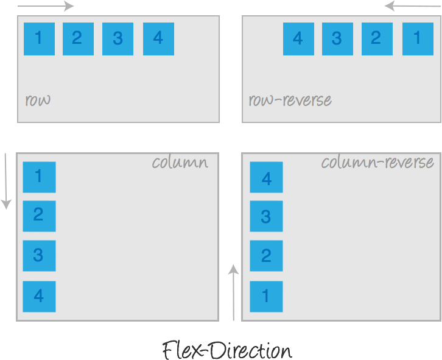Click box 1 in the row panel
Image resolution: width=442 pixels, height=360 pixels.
[x=39, y=39]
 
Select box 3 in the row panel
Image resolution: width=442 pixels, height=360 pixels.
[x=118, y=39]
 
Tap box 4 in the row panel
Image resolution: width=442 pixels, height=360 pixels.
[x=158, y=39]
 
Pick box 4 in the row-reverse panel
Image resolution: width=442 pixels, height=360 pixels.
[x=298, y=39]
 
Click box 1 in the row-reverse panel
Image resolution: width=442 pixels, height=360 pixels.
[x=418, y=39]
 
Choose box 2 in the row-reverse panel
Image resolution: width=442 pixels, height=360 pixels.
[x=376, y=39]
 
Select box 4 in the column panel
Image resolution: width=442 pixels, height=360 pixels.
[x=39, y=297]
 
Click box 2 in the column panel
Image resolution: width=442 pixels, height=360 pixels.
[x=39, y=216]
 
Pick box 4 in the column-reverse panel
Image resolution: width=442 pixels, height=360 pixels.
[x=266, y=178]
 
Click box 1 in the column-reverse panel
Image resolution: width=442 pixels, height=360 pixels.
[x=266, y=297]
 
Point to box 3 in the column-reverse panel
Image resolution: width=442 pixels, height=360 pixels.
[x=266, y=216]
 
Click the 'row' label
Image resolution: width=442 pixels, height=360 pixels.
[x=38, y=100]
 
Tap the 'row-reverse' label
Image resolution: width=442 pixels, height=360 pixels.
[x=290, y=100]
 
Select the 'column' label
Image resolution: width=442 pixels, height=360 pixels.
[x=180, y=163]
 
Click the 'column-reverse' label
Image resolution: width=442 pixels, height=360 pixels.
[x=377, y=163]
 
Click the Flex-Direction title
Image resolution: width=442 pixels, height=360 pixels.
[x=227, y=351]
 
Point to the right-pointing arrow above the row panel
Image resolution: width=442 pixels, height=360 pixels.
[x=46, y=7]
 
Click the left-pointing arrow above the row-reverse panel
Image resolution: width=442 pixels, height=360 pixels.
[x=413, y=7]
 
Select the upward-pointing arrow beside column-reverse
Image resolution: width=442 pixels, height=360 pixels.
[x=234, y=292]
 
